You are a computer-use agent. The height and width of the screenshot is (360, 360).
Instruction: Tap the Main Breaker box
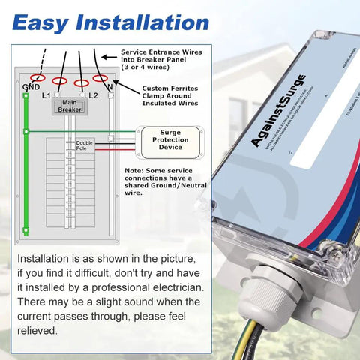[69, 106]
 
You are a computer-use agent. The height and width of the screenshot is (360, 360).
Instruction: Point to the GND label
[31, 87]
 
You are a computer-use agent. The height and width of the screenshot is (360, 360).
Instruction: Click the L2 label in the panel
[93, 96]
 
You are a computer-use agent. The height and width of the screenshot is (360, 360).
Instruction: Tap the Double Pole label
[84, 145]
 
